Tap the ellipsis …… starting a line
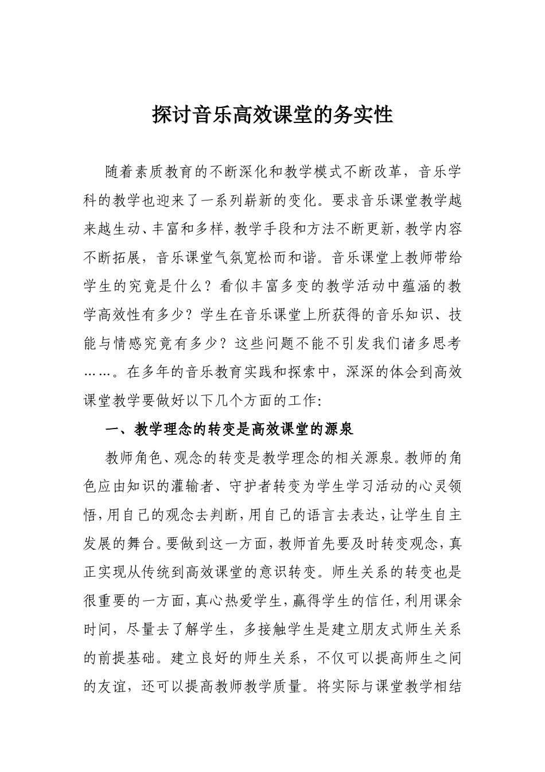point(95,372)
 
